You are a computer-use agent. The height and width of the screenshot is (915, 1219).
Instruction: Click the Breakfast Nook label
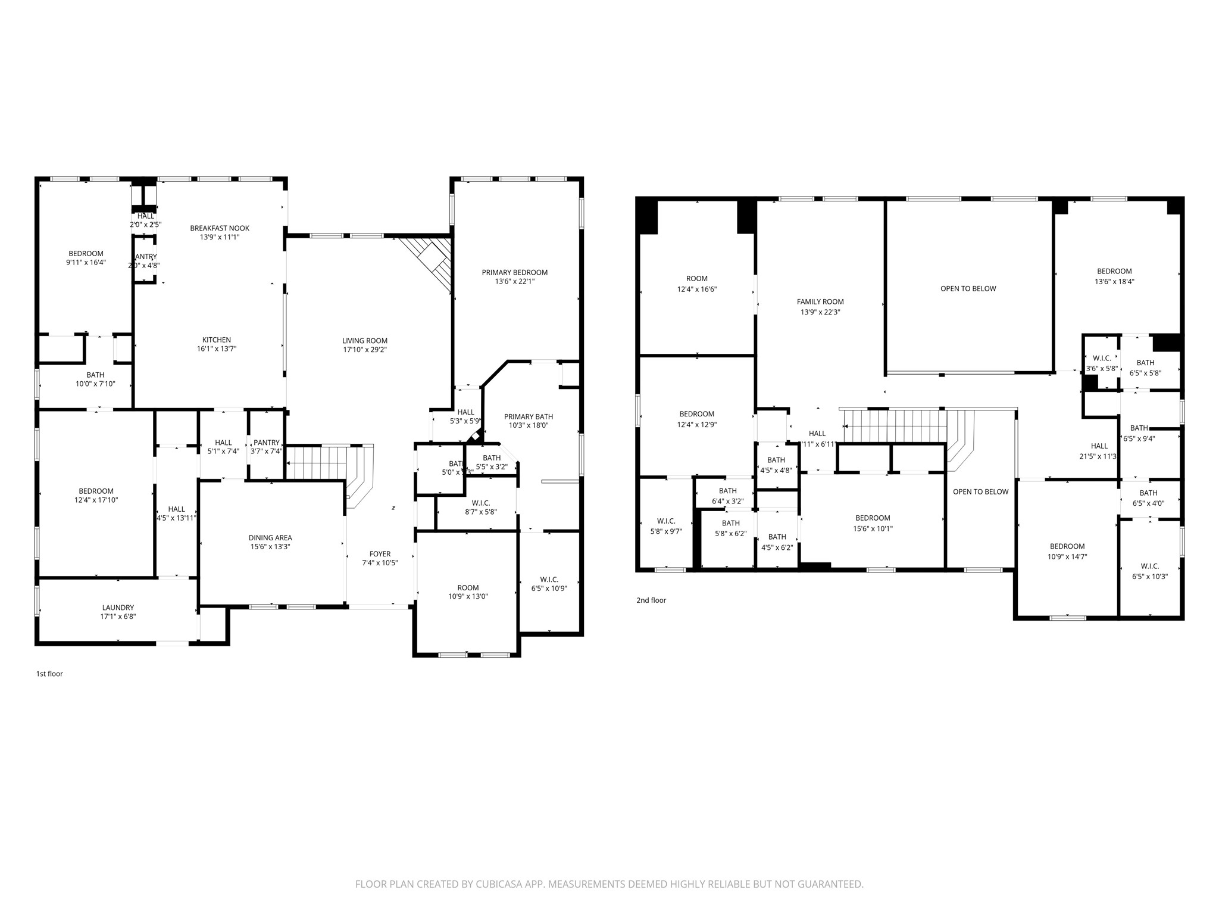(220, 228)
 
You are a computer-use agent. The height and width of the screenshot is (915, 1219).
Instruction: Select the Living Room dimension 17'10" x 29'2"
(365, 350)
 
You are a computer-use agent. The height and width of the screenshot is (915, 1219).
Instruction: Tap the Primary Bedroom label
(515, 272)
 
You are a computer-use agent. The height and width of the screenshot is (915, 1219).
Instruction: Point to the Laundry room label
(118, 608)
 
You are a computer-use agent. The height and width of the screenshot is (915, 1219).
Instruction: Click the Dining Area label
(270, 537)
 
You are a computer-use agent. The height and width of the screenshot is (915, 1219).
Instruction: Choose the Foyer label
(380, 554)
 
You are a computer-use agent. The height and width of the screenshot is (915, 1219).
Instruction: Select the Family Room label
(820, 301)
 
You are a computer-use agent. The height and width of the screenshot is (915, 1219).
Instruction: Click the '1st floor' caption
(49, 674)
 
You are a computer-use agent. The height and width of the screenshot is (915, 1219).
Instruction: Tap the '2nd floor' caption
(651, 600)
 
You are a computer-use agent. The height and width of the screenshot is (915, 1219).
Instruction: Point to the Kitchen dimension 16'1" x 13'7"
(217, 348)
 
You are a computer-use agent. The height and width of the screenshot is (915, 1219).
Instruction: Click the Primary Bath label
(529, 416)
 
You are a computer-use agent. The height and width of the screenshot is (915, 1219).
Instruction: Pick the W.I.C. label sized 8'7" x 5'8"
(481, 503)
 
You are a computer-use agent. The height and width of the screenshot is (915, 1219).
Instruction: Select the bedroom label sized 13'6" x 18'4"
(1114, 271)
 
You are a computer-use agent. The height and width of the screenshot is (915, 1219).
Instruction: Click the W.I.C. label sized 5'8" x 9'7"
(666, 521)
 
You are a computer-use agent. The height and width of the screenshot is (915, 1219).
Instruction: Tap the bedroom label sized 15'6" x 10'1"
(873, 518)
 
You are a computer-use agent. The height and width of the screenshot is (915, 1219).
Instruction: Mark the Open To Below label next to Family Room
(968, 288)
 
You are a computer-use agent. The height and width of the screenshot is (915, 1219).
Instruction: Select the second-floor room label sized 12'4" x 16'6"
(696, 278)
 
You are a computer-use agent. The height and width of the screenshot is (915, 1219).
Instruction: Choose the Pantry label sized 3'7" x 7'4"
(266, 443)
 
